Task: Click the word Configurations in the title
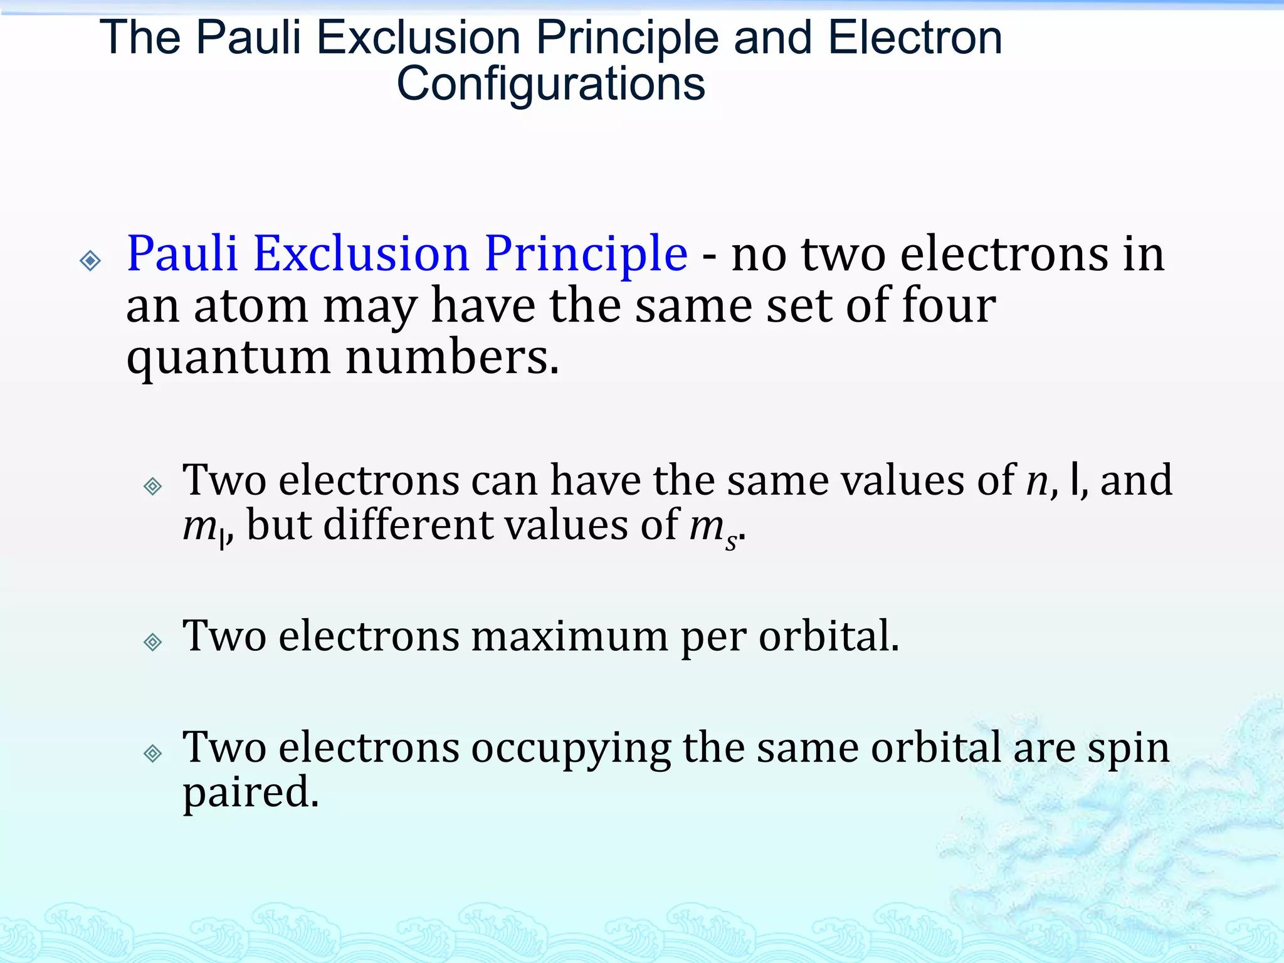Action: click(x=550, y=83)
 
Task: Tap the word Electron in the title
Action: click(x=915, y=38)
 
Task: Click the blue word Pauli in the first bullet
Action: click(x=182, y=254)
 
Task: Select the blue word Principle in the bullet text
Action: click(x=586, y=254)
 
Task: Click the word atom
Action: click(x=251, y=307)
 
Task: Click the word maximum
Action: click(x=569, y=636)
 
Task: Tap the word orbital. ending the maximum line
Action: click(x=829, y=636)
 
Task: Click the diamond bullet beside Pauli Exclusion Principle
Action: click(x=91, y=260)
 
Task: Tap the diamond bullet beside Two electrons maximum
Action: click(x=153, y=642)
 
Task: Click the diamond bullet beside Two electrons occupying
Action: click(x=153, y=753)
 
